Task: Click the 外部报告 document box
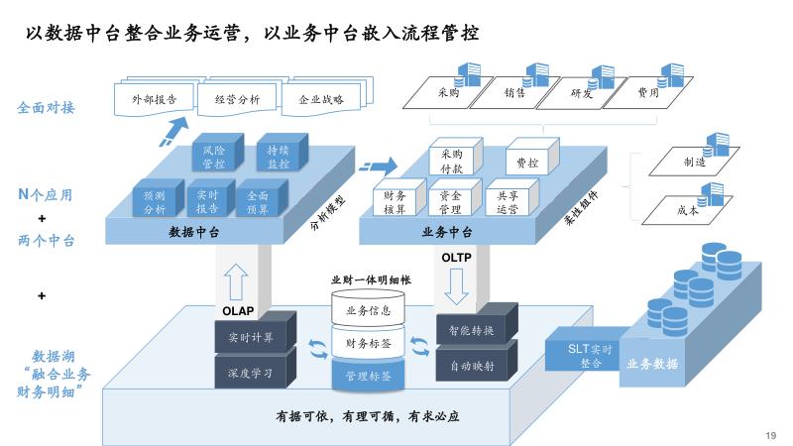[155, 99]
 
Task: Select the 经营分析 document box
[237, 99]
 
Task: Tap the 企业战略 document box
[321, 99]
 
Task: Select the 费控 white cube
[532, 157]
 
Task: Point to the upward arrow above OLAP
[236, 281]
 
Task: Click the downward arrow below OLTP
[456, 286]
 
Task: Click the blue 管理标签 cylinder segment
[368, 375]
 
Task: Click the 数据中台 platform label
[194, 232]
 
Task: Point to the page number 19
[771, 435]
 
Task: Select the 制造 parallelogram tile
[694, 162]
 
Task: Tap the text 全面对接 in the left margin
[46, 108]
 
